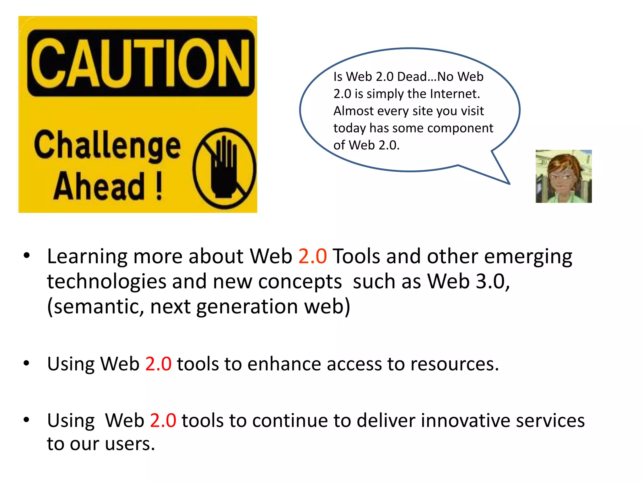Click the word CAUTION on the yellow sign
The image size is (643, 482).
(140, 63)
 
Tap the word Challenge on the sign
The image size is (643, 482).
(107, 145)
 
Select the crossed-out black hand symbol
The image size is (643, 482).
(224, 169)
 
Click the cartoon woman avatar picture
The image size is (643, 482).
(563, 176)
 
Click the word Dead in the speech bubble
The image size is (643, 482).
(412, 77)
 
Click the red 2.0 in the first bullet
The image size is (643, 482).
(312, 256)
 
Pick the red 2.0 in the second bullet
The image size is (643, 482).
(158, 364)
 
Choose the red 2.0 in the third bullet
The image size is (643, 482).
(163, 420)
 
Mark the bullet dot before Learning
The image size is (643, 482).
(27, 255)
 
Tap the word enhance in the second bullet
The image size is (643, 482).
(284, 364)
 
